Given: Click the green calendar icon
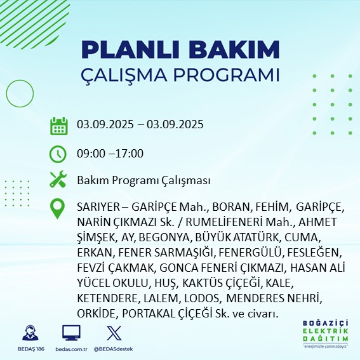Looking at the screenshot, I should click(58, 125).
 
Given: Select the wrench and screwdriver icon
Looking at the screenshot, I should click(58, 180).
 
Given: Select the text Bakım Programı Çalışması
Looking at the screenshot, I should click(143, 180).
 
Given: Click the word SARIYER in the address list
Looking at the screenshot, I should click(97, 208).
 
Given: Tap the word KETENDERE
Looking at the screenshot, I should click(103, 298).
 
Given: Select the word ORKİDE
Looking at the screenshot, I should click(95, 314).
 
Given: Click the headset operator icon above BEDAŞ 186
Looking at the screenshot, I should click(30, 333).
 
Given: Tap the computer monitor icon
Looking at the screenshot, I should click(71, 333).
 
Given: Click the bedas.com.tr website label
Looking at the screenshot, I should click(71, 349).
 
